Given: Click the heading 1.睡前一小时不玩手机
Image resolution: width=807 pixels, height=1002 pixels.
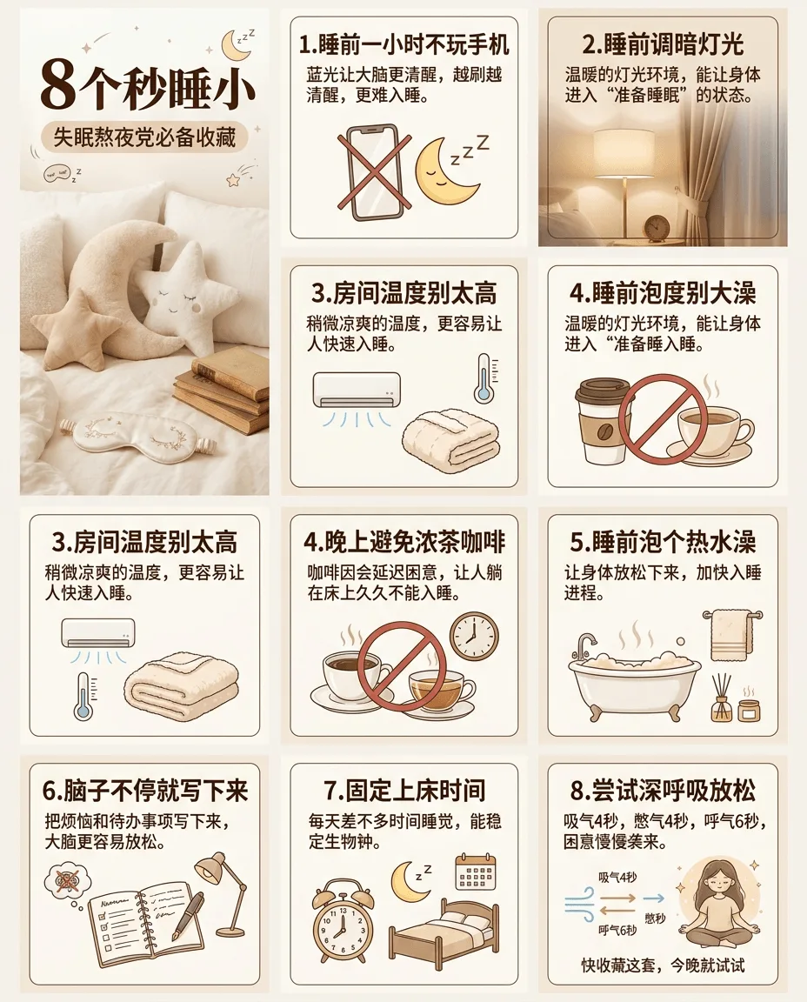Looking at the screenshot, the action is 403,44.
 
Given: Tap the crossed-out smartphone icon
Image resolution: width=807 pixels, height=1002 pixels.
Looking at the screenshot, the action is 375,172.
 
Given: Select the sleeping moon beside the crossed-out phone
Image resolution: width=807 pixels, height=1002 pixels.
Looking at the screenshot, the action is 448,170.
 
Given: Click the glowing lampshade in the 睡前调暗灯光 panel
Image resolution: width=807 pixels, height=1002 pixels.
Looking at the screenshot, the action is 624,153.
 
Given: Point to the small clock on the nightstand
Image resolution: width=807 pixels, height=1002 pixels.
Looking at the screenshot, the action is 657,228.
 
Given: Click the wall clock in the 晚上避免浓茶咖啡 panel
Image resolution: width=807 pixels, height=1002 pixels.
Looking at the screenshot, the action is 474,637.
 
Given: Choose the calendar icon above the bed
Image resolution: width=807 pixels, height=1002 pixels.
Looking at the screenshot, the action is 476,872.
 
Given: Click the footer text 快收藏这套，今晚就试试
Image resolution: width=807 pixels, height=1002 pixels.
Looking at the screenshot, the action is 663,965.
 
